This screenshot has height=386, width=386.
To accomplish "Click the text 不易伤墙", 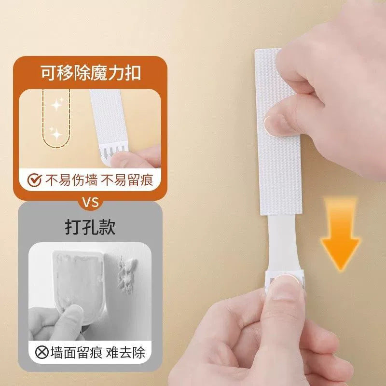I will click(72, 180).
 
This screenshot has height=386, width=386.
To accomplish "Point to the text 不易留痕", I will click(128, 180).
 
